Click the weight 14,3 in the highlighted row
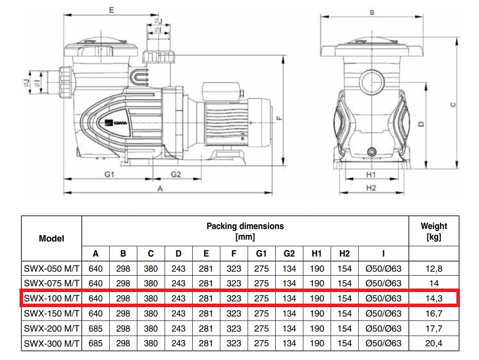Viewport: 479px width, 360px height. pos(434,298)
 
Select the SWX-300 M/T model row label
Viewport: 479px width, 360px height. pos(52,344)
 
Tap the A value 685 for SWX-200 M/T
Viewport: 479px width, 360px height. pos(96,328)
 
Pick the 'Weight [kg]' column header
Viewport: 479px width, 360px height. pos(434,231)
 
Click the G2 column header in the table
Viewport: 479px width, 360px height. pos(289,254)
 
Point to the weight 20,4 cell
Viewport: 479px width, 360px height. pos(434,344)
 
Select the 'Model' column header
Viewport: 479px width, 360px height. pos(51,238)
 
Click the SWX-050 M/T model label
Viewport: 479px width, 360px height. pos(52,269)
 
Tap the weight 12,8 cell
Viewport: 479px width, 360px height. pos(434,269)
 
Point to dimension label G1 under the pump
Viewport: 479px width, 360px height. pos(110,174)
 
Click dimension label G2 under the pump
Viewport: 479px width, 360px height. pos(176,174)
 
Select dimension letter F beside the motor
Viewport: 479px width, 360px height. pos(278,118)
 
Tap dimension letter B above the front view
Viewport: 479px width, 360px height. pos(372,12)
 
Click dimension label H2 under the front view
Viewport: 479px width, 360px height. pos(371,188)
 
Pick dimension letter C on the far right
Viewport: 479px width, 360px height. pos(452,105)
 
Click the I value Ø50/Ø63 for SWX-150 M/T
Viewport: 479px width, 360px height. pos(383,313)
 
